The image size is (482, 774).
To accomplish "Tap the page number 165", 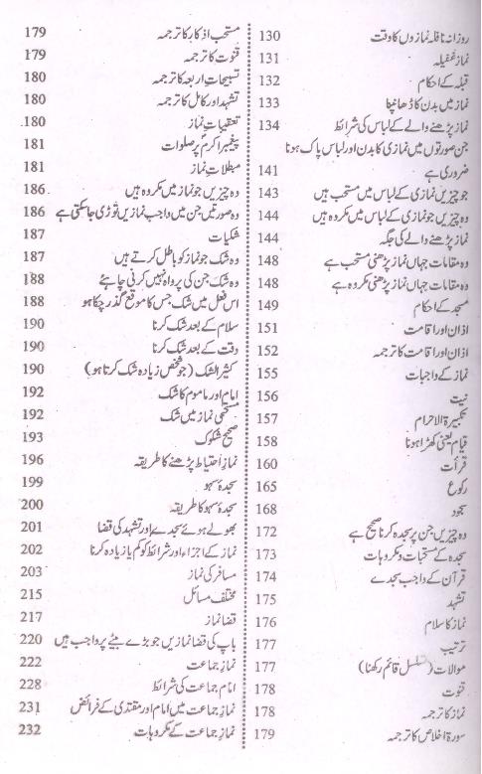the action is coord(270,489).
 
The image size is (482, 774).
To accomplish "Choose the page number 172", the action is coord(269,532).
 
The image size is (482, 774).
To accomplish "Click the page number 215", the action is coord(29,595).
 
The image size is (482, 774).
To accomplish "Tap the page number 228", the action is coord(29,685).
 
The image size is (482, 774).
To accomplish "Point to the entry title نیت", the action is coord(448,393).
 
